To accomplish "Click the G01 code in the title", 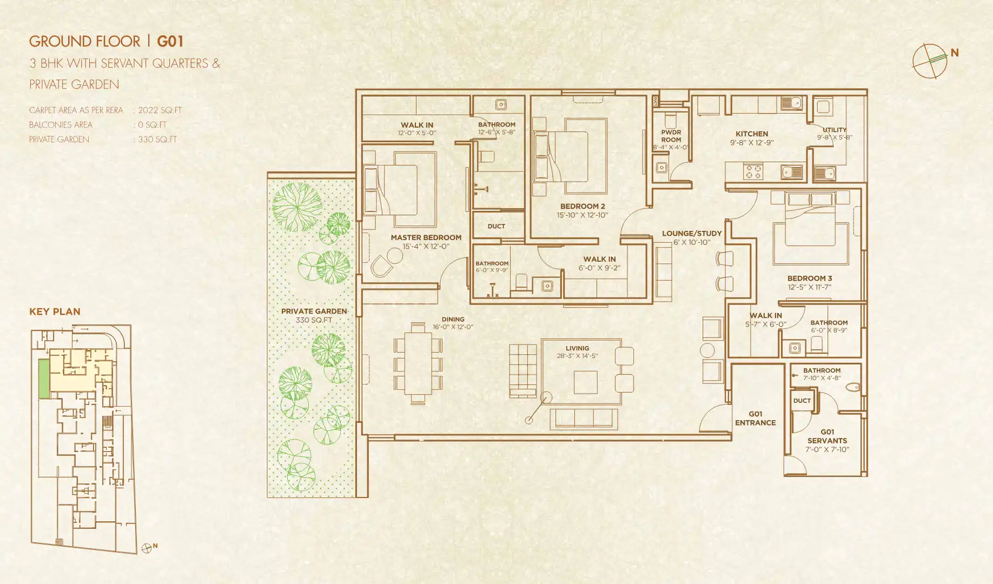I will pyautogui.click(x=170, y=42).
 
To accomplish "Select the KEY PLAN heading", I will pyautogui.click(x=55, y=311).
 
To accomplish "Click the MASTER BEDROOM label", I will pyautogui.click(x=426, y=237).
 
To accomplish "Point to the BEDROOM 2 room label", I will pyautogui.click(x=582, y=206).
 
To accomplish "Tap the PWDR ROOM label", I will pyautogui.click(x=671, y=136).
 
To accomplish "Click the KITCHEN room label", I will pyautogui.click(x=751, y=134).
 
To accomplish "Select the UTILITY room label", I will pyautogui.click(x=835, y=130).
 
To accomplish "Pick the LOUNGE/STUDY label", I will pyautogui.click(x=692, y=234).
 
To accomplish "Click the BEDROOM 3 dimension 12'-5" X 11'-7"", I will pyautogui.click(x=809, y=287).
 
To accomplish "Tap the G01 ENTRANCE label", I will pyautogui.click(x=755, y=418).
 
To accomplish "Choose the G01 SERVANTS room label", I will pyautogui.click(x=827, y=436).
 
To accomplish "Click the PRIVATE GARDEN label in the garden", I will pyautogui.click(x=314, y=311).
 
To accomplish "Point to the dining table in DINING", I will pyautogui.click(x=418, y=363).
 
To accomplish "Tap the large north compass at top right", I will pyautogui.click(x=930, y=61).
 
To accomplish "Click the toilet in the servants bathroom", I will pyautogui.click(x=853, y=387).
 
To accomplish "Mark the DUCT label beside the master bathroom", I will pyautogui.click(x=496, y=226).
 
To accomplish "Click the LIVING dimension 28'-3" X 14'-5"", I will pyautogui.click(x=577, y=356).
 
